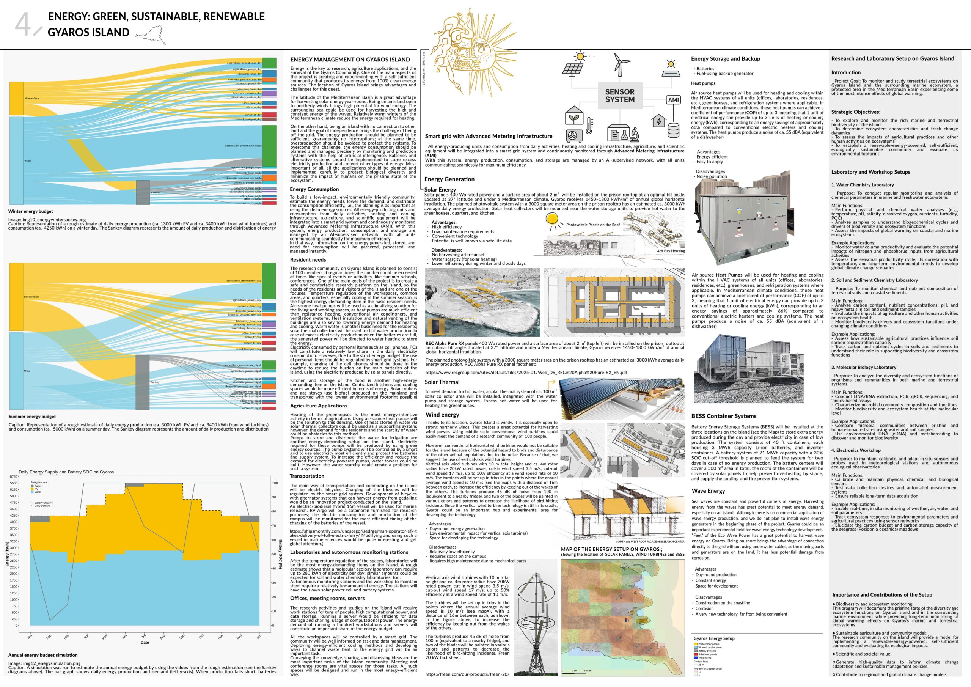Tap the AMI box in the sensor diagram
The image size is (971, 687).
pos(673,100)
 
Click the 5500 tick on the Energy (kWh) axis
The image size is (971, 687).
pos(14,483)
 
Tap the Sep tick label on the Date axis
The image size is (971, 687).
pos(182,637)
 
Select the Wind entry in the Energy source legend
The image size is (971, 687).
pos(37,492)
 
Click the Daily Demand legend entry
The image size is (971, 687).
pos(42,506)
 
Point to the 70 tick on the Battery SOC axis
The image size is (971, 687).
pos(275,526)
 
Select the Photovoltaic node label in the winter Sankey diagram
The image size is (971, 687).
pos(32,99)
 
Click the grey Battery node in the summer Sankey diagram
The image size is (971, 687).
pos(143,382)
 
